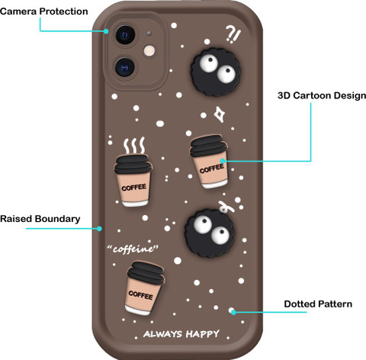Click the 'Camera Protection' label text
pyautogui.click(x=44, y=11)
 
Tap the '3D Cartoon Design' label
pyautogui.click(x=322, y=95)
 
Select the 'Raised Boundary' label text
pyautogui.click(x=40, y=219)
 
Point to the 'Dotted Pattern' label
pyautogui.click(x=318, y=304)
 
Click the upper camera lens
pyautogui.click(x=125, y=35)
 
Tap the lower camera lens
pyautogui.click(x=125, y=67)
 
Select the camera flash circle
pyautogui.click(x=149, y=51)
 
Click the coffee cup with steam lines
pyautogui.click(x=133, y=180)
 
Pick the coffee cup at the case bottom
pyautogui.click(x=144, y=288)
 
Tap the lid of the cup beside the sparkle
pyautogui.click(x=208, y=145)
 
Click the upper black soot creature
pyautogui.click(x=216, y=72)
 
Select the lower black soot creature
pyautogui.click(x=210, y=233)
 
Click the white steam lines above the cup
pyautogui.click(x=134, y=146)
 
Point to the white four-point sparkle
pyautogui.click(x=220, y=114)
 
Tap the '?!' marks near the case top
pyautogui.click(x=233, y=34)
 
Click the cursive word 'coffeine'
pyautogui.click(x=133, y=249)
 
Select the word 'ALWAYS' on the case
pyautogui.click(x=162, y=334)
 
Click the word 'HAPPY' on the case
pyautogui.click(x=202, y=334)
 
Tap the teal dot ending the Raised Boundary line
pyautogui.click(x=100, y=229)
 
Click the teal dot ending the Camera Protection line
pyautogui.click(x=106, y=31)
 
